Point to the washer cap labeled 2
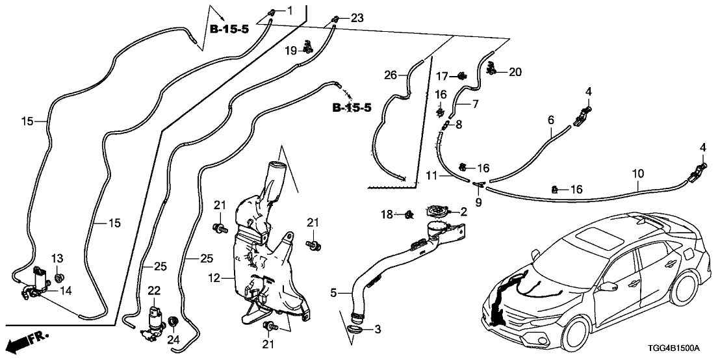click(436, 211)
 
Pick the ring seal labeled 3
click(354, 330)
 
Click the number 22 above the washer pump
click(153, 290)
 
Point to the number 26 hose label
click(391, 75)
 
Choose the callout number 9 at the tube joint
click(479, 202)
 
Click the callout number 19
click(290, 50)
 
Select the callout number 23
click(357, 18)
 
